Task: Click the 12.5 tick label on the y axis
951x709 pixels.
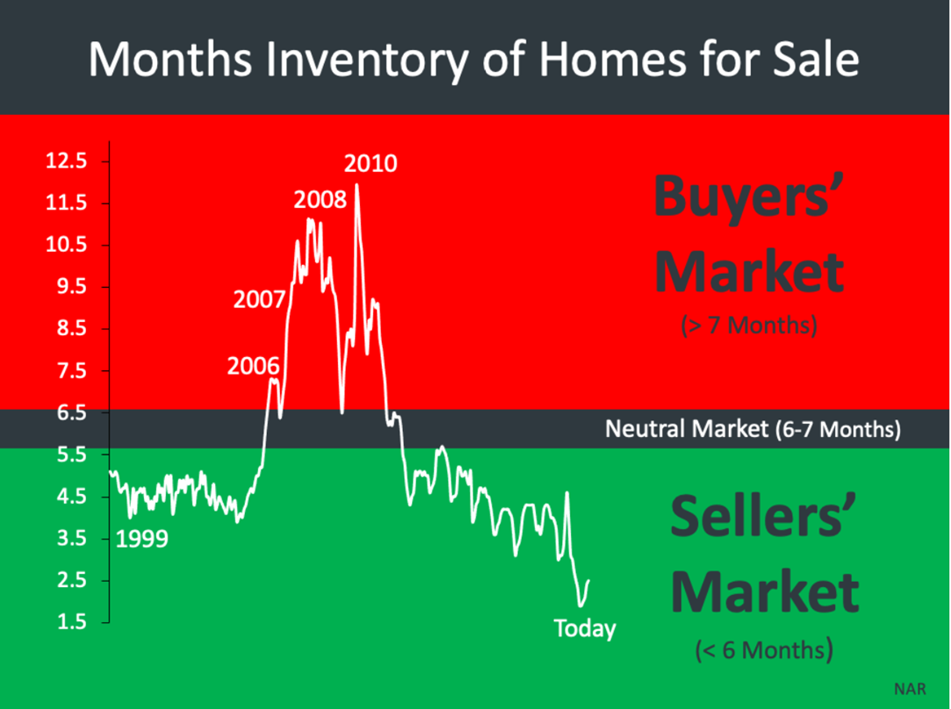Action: tap(66, 161)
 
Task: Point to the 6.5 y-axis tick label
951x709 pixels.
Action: tap(72, 412)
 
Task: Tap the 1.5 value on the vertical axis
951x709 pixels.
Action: tap(72, 622)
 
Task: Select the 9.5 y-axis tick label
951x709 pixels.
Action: tap(72, 287)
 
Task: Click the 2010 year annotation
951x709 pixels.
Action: tap(371, 163)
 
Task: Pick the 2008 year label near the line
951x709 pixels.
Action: tap(321, 199)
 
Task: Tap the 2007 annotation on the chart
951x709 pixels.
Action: tap(260, 299)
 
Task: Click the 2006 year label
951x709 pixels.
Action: tap(254, 366)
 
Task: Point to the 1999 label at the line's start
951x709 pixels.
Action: tap(141, 539)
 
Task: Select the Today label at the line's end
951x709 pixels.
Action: tap(585, 628)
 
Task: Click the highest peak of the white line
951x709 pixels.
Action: tap(357, 184)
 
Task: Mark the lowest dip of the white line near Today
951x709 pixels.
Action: tap(580, 605)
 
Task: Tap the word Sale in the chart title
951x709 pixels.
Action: tap(815, 60)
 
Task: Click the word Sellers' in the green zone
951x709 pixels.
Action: tap(764, 516)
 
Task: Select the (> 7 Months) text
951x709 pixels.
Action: tap(749, 326)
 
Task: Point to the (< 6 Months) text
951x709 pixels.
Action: tap(764, 650)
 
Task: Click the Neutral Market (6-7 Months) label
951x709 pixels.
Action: tap(753, 429)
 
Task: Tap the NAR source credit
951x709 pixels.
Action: tap(910, 689)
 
